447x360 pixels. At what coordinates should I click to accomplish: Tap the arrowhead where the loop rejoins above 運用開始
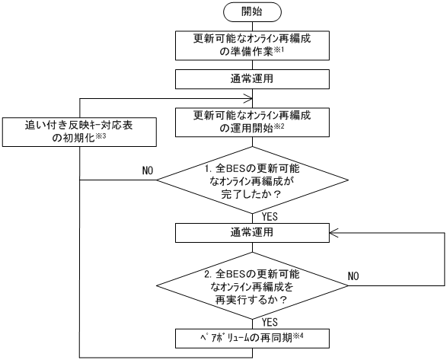click(248, 97)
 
